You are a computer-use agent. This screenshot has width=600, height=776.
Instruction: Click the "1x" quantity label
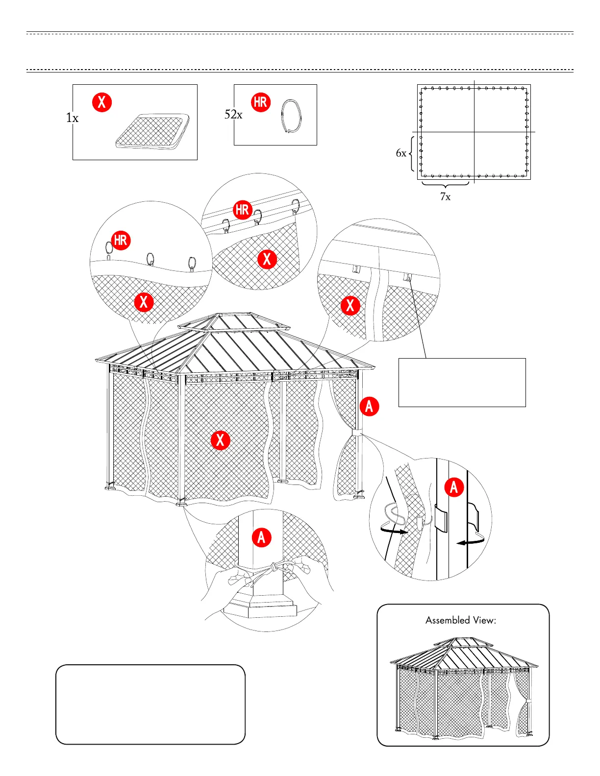coord(72,118)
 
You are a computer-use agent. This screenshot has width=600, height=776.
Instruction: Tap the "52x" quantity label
coord(233,114)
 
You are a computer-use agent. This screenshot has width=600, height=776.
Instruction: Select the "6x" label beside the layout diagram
coord(401,153)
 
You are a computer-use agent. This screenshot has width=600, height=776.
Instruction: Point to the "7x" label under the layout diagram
coord(445,196)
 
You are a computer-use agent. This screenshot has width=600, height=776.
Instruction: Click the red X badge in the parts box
coord(102,102)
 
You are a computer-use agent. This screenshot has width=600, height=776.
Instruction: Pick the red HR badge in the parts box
coord(261,102)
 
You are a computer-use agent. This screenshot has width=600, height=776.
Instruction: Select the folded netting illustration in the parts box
coord(152,131)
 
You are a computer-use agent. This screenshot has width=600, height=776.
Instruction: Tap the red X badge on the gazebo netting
coord(221,440)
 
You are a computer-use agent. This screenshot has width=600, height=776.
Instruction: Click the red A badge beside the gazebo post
coord(369,406)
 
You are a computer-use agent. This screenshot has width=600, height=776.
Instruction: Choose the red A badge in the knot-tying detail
coord(261,537)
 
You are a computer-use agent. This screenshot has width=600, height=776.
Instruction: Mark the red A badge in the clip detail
coord(454,487)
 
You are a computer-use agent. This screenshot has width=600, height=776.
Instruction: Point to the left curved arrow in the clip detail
coord(394,530)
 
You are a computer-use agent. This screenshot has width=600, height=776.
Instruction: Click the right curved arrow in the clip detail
coord(471,541)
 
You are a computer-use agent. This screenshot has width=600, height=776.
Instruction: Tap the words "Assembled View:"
coord(461,620)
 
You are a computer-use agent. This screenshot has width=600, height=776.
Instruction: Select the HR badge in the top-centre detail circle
coord(242,210)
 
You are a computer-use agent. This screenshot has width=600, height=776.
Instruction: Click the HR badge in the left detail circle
coord(121,240)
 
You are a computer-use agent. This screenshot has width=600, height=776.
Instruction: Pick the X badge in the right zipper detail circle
coord(350,305)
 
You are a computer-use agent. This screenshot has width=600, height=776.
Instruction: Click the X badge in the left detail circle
coord(144,301)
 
